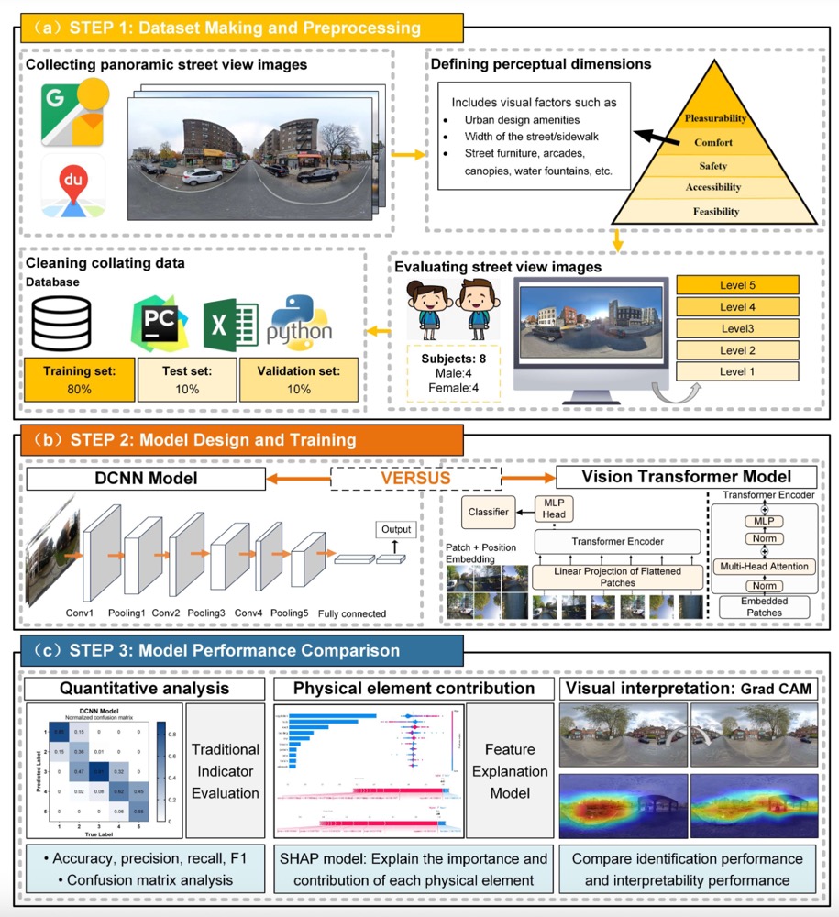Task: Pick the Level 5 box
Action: (x=737, y=285)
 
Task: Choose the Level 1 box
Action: (x=737, y=371)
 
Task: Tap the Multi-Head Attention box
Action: (x=764, y=566)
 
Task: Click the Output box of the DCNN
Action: (x=395, y=530)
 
